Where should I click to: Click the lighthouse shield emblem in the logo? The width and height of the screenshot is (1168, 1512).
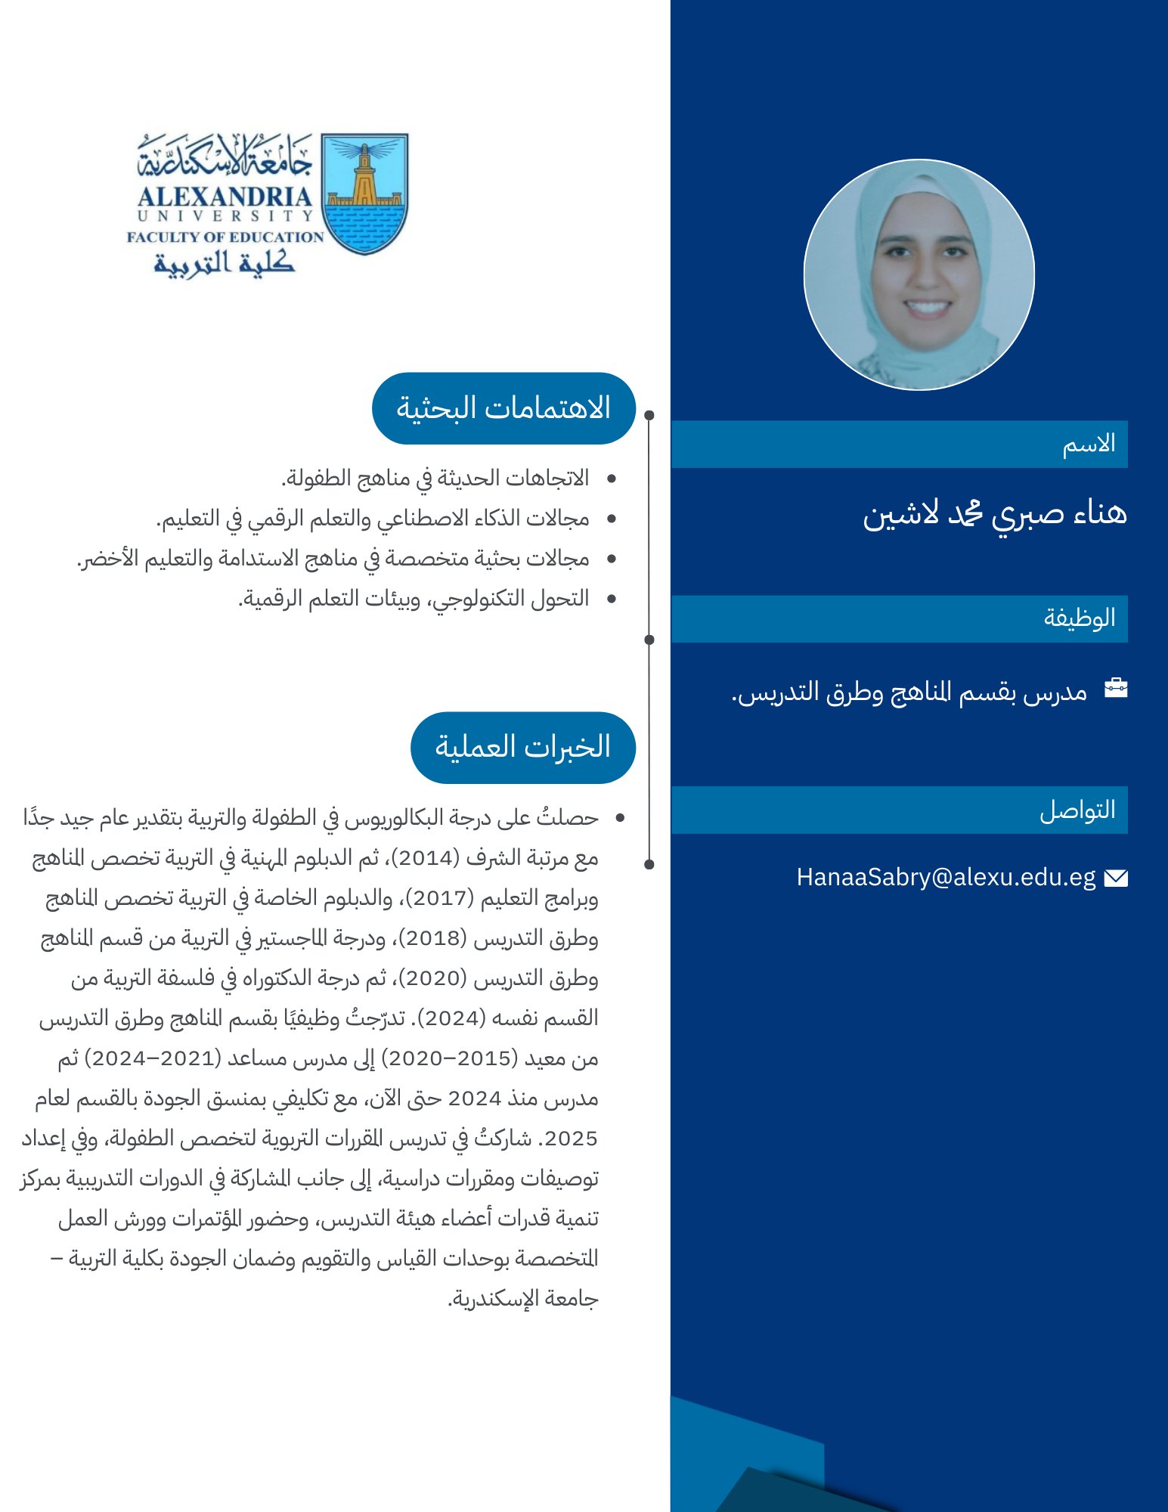(x=365, y=194)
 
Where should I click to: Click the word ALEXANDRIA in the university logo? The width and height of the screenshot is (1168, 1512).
(x=225, y=197)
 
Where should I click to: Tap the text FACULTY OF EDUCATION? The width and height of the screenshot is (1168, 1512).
(x=225, y=237)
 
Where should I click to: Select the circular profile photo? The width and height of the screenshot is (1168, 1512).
(x=919, y=274)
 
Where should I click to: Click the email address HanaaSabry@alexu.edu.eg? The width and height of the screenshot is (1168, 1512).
(x=946, y=877)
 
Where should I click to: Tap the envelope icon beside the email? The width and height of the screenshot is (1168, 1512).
(x=1116, y=878)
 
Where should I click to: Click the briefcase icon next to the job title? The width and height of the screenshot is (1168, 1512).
(x=1116, y=688)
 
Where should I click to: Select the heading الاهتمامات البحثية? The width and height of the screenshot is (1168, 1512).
(x=503, y=408)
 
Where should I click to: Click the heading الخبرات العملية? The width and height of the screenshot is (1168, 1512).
(x=522, y=747)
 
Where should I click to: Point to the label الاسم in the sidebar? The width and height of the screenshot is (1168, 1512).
(x=1089, y=444)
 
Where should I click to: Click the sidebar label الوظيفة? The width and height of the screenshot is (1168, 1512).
(x=1080, y=618)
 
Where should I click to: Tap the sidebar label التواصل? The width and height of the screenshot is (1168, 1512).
(x=1077, y=810)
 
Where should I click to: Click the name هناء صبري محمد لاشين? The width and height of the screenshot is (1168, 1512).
(x=995, y=514)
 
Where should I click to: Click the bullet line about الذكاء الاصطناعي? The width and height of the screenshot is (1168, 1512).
(x=373, y=519)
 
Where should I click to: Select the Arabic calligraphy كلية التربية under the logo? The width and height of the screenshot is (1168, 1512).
(x=225, y=262)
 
